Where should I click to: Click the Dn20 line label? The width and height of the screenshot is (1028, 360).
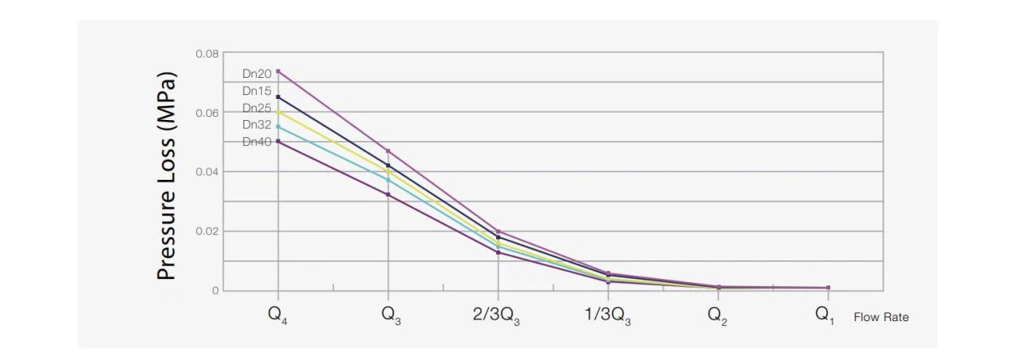point(257,74)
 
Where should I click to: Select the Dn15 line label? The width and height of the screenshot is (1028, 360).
point(257,91)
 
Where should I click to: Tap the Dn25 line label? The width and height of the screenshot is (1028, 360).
point(257,108)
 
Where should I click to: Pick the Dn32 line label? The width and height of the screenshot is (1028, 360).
point(257,125)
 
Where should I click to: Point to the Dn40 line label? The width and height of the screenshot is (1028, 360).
point(257,142)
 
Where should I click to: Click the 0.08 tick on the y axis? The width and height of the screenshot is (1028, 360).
point(207,54)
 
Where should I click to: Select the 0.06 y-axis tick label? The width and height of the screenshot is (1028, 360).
point(207,113)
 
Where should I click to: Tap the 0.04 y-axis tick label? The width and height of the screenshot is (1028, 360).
point(207,172)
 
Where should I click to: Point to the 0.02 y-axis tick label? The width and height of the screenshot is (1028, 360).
point(207,231)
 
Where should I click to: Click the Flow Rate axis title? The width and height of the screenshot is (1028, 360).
point(881,318)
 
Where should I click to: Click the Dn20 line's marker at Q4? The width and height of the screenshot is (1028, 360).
point(278,71)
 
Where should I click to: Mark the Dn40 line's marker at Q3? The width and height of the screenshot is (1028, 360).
point(388,195)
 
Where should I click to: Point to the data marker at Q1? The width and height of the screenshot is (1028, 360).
point(828,288)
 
